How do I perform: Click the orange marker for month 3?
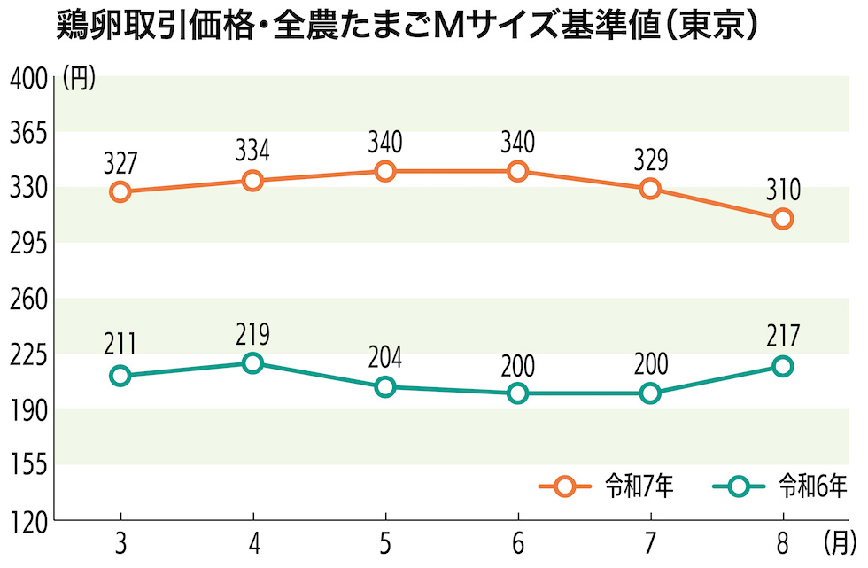pos(120,192)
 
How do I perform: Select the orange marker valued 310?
pos(783,219)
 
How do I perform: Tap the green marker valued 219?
pos(252,363)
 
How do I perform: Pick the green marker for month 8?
pos(783,367)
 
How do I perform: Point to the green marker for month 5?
pos(385,387)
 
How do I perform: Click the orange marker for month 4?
pos(252,181)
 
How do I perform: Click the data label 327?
pos(120,163)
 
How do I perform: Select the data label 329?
pos(650,160)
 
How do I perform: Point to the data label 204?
pos(385,358)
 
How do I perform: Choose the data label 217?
pos(783,338)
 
